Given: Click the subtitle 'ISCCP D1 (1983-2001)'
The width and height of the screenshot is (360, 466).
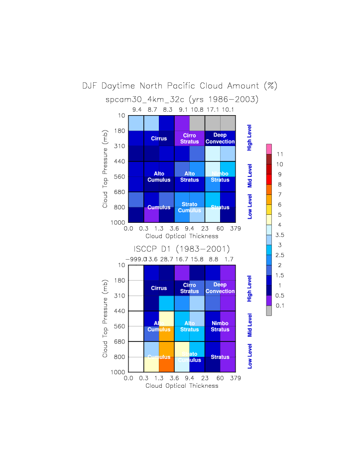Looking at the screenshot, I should (x=181, y=248).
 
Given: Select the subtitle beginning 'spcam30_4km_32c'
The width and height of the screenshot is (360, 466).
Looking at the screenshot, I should (x=182, y=100).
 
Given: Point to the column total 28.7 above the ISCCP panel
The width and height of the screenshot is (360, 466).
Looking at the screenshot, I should (x=167, y=259).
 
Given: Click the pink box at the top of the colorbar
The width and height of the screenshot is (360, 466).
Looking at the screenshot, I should (x=269, y=149).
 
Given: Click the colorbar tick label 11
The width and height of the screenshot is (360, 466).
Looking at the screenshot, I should (x=280, y=154).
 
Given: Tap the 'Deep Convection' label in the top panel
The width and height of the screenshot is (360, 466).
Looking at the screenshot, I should (x=220, y=139).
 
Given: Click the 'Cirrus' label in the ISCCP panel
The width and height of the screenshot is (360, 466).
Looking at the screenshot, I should (x=159, y=288).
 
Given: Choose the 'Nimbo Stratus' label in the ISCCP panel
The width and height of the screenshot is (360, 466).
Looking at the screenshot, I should (x=220, y=326).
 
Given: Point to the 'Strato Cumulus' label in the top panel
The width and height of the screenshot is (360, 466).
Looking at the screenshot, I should (x=189, y=207).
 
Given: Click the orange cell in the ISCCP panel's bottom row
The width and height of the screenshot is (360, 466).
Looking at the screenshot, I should (x=167, y=364).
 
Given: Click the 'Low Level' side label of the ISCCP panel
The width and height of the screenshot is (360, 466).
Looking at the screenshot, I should (x=250, y=356).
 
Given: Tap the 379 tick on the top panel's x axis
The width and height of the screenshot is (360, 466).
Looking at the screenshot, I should (x=236, y=229).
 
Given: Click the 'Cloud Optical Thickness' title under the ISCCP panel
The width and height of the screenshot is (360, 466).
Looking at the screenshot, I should (x=182, y=385).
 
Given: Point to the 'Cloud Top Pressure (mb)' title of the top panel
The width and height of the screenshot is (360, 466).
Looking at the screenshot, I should (x=105, y=169).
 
